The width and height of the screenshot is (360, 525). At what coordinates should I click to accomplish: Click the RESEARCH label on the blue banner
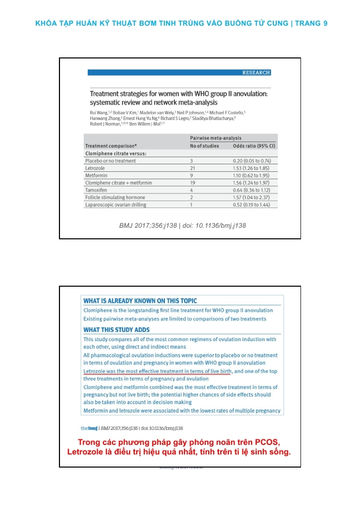tap(256, 73)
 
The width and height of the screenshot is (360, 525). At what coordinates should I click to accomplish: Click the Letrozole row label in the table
tap(96, 168)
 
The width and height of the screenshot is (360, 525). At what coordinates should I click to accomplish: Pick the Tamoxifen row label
tap(97, 190)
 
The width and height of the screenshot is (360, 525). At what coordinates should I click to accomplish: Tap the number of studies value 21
tap(192, 168)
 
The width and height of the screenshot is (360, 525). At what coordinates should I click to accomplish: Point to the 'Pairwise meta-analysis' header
tap(215, 138)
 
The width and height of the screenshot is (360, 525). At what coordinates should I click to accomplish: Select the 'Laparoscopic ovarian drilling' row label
tap(115, 205)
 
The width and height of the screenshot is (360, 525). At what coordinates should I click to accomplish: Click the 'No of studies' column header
tap(205, 146)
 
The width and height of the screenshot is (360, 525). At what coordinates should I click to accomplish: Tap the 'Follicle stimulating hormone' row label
tap(115, 198)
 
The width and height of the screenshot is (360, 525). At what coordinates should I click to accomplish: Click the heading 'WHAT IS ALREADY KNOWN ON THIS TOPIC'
tap(140, 301)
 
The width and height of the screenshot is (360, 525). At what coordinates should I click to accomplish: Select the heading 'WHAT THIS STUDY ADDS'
tap(117, 330)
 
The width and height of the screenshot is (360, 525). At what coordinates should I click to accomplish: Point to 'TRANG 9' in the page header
tap(312, 23)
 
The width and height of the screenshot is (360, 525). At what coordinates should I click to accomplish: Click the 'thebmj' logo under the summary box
tap(89, 428)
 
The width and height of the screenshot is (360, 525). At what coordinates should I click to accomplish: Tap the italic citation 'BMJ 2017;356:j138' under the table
tap(148, 225)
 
